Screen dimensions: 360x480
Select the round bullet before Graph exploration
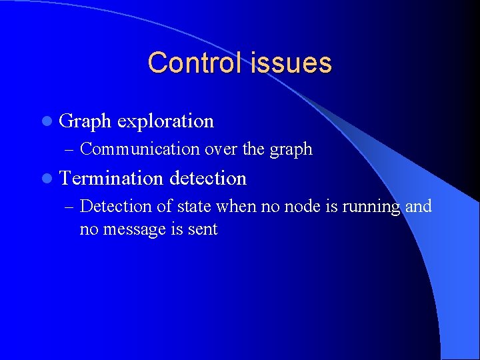tap(45, 121)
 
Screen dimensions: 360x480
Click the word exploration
tap(165, 121)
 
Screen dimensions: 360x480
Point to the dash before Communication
tap(71, 149)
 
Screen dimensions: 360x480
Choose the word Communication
tap(140, 149)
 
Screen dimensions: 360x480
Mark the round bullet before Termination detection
tap(45, 179)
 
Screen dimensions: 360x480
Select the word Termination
tap(111, 178)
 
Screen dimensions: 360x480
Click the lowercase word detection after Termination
tap(208, 178)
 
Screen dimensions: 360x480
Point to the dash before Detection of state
tap(71, 207)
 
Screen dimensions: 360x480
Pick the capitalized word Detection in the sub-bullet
tap(115, 207)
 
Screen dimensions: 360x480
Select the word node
tap(301, 207)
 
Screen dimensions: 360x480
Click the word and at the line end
tap(419, 207)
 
